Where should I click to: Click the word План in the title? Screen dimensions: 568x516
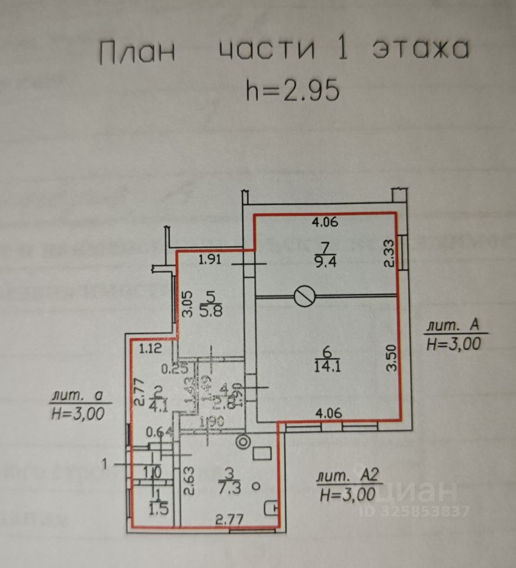pyautogui.click(x=137, y=52)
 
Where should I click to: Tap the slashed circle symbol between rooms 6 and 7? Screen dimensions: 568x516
pyautogui.click(x=305, y=295)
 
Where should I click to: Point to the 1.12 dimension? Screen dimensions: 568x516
pyautogui.click(x=151, y=350)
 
